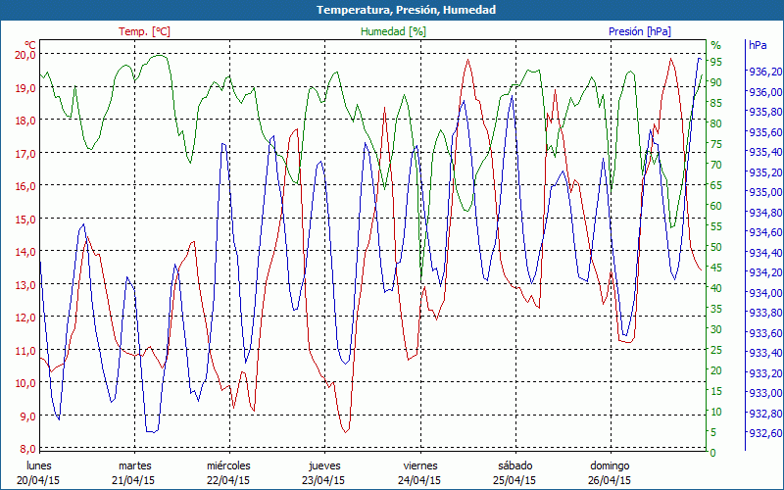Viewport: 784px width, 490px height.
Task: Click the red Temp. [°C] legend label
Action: click(144, 31)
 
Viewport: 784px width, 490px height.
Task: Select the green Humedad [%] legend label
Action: click(393, 31)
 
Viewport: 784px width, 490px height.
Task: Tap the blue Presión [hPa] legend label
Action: click(640, 31)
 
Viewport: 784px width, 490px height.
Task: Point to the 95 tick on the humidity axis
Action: click(716, 62)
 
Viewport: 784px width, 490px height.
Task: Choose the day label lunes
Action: click(39, 465)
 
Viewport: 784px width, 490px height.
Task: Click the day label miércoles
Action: click(228, 465)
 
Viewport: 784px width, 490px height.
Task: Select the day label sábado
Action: click(514, 465)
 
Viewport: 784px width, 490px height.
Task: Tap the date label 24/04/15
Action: click(419, 480)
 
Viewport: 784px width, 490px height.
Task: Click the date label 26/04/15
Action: click(610, 480)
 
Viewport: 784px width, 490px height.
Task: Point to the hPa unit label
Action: click(758, 45)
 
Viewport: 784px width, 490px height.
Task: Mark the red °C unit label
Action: click(30, 45)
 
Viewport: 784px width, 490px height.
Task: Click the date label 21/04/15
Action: click(134, 480)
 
